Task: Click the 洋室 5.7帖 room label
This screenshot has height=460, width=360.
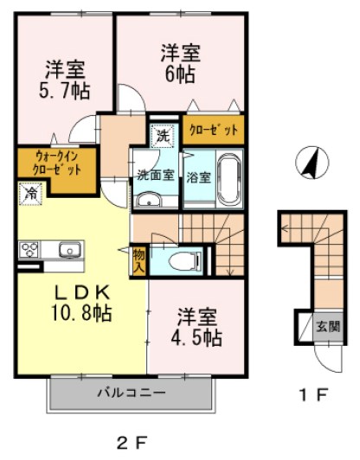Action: (65, 80)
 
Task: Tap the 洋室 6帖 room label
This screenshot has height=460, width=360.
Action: (180, 63)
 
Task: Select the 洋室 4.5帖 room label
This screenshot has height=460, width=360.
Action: (196, 327)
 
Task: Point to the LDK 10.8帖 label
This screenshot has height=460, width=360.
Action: (81, 303)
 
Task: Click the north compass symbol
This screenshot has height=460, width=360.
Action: (312, 163)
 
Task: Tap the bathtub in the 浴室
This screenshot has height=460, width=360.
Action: (230, 179)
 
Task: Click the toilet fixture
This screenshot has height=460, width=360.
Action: (185, 261)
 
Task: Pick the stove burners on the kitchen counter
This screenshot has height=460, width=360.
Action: (29, 250)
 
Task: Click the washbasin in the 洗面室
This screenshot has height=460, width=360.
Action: (149, 201)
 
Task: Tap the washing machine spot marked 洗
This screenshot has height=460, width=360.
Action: (164, 136)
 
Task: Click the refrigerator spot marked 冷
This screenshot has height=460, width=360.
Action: (30, 194)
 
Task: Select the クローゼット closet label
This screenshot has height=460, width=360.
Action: (214, 130)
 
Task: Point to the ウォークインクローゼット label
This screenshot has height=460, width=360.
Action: (56, 163)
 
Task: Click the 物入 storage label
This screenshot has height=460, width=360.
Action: (139, 261)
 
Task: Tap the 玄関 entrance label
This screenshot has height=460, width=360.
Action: (328, 326)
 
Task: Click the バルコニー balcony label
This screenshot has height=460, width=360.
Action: (132, 393)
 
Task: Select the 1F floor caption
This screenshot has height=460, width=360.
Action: (313, 395)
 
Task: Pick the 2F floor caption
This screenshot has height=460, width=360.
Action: (132, 443)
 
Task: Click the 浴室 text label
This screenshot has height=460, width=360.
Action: (199, 177)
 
